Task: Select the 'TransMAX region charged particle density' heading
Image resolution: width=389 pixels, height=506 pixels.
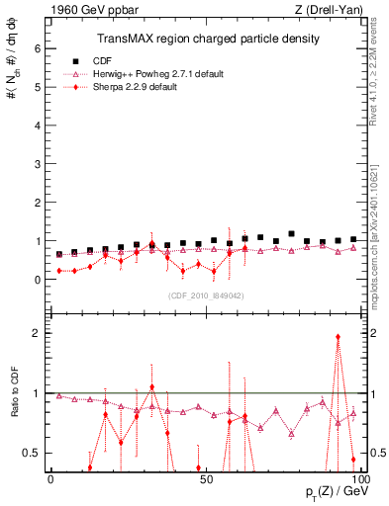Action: click(x=208, y=39)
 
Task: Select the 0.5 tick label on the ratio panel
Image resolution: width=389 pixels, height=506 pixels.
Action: click(x=32, y=453)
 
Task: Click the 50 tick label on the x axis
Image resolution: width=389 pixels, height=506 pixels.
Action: click(x=205, y=478)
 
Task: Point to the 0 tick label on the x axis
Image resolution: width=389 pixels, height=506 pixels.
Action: click(x=50, y=478)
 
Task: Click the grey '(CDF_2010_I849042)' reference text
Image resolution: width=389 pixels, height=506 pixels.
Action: click(x=207, y=295)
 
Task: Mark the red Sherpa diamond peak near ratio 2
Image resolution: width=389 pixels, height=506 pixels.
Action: click(x=338, y=337)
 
